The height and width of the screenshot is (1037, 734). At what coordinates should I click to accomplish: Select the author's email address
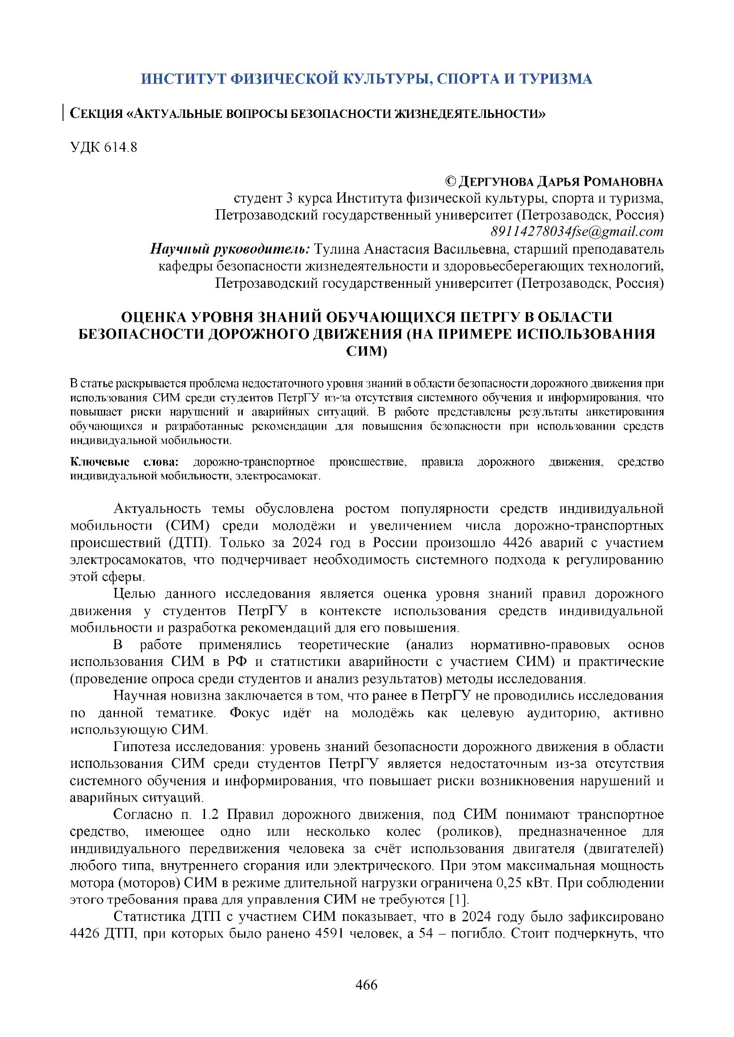[577, 232]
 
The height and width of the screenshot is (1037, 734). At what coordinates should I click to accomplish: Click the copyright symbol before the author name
[450, 182]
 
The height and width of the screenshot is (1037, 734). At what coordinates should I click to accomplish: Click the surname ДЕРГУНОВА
[496, 182]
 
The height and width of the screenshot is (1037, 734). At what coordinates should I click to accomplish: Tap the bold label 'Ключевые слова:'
[124, 462]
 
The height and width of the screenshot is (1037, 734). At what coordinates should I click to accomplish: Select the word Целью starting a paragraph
[135, 594]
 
